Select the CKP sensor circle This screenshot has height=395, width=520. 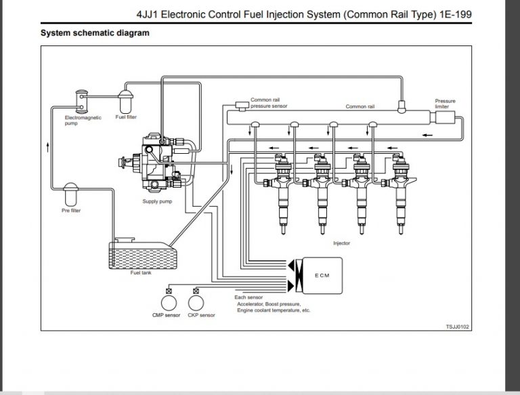198,300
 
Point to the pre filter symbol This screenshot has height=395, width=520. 70,196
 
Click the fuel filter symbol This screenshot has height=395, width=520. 127,102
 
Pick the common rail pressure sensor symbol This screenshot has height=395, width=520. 240,104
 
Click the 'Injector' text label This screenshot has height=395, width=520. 342,242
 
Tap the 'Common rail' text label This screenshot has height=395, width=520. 360,106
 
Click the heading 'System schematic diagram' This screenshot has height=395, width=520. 95,33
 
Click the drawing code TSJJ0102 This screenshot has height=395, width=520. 457,327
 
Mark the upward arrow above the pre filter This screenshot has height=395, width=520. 47,145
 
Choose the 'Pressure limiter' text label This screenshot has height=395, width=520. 445,104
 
